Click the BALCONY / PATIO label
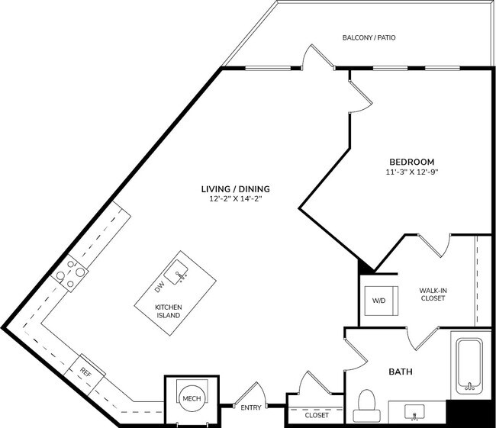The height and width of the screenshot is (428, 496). click(369, 37)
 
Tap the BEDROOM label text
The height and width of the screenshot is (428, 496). click(411, 162)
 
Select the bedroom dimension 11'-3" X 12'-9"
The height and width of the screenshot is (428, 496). click(411, 172)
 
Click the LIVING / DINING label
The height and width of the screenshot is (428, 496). click(235, 188)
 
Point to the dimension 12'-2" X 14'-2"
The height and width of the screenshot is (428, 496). click(235, 198)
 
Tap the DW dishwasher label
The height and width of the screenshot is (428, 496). click(159, 288)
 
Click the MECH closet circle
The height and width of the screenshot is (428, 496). click(190, 397)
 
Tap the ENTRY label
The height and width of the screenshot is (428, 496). click(250, 407)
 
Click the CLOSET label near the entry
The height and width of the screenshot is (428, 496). click(317, 415)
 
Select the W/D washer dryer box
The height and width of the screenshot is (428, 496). click(378, 300)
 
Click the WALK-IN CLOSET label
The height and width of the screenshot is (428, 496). click(432, 294)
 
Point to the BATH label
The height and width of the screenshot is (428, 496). click(401, 372)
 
